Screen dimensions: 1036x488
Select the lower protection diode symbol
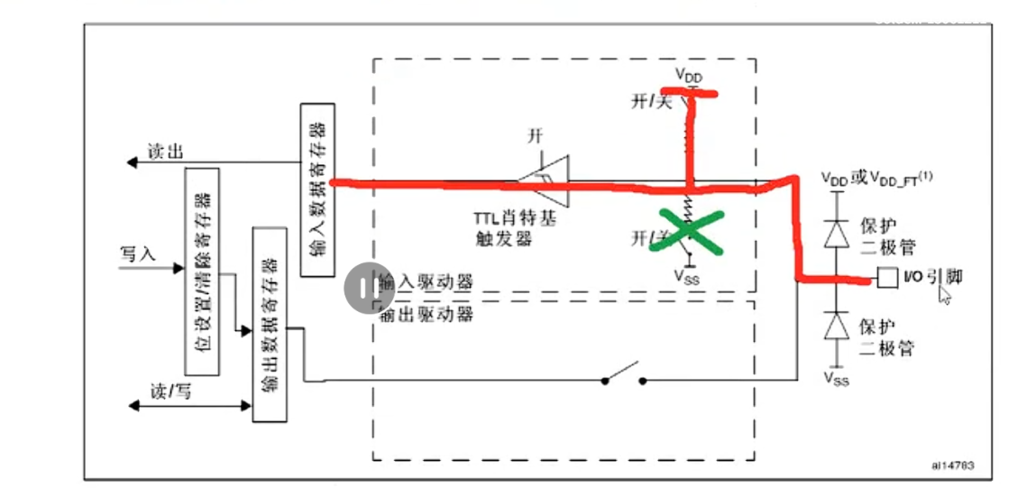(839, 325)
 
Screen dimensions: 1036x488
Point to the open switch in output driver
(623, 375)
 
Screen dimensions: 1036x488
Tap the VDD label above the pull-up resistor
(689, 76)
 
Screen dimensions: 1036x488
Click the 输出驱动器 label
(424, 313)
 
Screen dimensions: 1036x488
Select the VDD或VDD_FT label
(876, 176)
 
